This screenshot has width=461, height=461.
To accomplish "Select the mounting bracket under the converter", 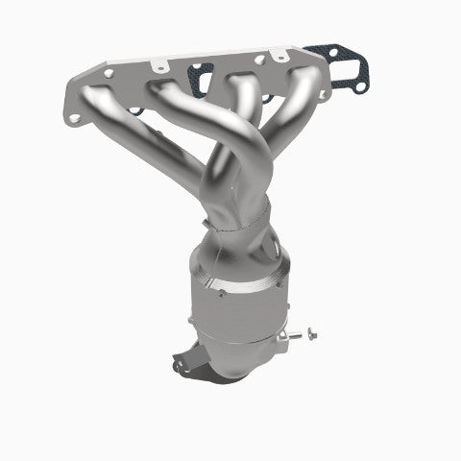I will (188, 364).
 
